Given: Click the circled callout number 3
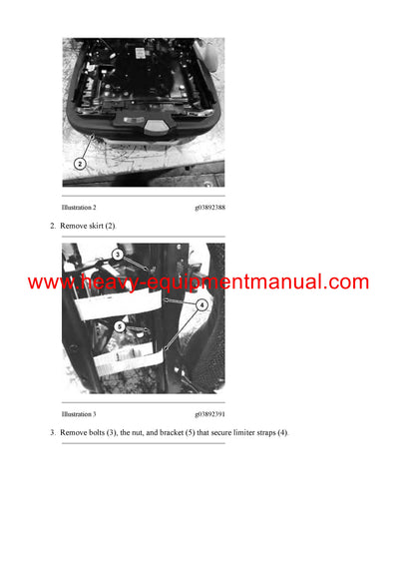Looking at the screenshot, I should coord(117,256).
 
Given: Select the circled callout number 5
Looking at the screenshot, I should coord(119,324).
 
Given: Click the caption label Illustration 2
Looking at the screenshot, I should coord(79,207).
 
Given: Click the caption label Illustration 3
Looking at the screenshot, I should coord(79,413).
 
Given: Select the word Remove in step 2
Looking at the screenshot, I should coord(73,227).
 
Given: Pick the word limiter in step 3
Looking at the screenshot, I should coord(252,432).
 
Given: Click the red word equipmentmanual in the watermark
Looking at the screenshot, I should coord(246,282).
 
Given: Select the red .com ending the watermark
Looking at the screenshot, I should coord(346,282).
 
